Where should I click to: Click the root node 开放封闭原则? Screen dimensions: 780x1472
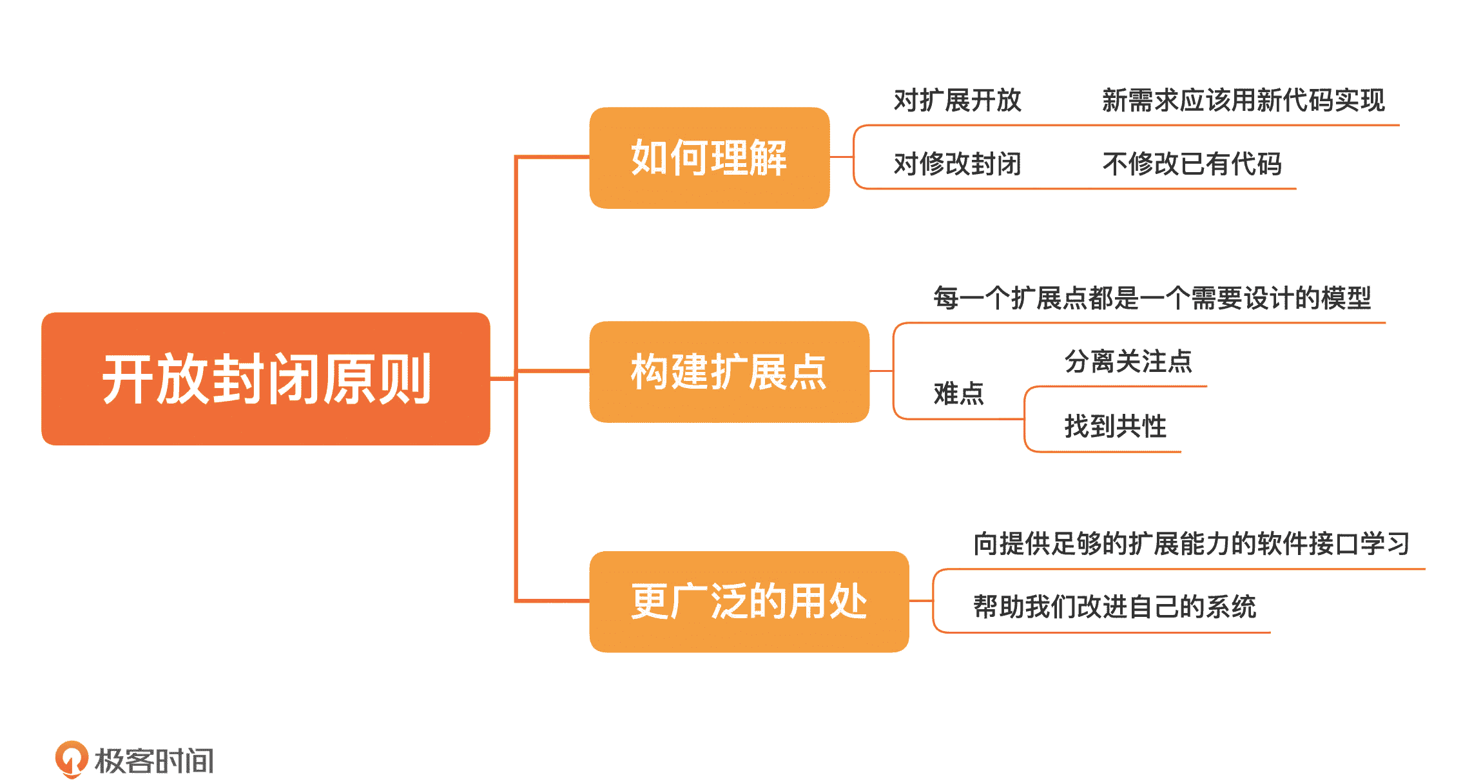[266, 379]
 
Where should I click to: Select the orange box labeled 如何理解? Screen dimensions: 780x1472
[709, 158]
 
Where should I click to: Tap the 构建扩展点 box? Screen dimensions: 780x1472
[729, 372]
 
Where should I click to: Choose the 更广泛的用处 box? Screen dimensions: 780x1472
[749, 601]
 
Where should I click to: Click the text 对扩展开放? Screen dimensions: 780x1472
[957, 101]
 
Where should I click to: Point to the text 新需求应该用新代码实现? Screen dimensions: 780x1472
[1243, 101]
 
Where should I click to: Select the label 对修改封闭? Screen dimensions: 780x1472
[957, 164]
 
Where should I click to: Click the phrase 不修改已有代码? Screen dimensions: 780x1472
[1192, 164]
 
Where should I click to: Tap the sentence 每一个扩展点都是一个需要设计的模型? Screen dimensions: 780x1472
[1152, 298]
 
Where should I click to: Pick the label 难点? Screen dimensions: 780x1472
[958, 393]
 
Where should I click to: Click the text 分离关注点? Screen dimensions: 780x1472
[1128, 361]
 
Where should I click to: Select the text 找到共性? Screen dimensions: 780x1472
[1115, 426]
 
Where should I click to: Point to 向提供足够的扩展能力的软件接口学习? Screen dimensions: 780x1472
[1191, 543]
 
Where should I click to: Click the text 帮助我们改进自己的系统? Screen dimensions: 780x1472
[1114, 607]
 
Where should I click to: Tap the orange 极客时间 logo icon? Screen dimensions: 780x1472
[71, 759]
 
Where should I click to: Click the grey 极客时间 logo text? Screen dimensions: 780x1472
[154, 761]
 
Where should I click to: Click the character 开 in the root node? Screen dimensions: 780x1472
[128, 379]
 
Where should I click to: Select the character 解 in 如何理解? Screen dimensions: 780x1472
[768, 158]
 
